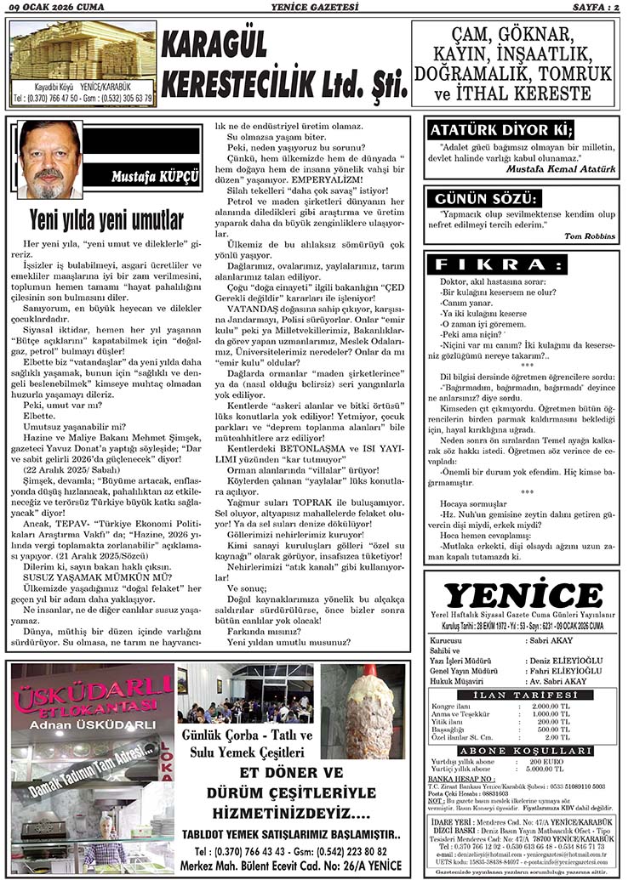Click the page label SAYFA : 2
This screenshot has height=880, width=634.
pyautogui.click(x=597, y=8)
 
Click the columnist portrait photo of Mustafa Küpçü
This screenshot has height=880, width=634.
pyautogui.click(x=50, y=160)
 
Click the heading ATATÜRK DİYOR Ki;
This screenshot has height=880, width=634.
pyautogui.click(x=500, y=131)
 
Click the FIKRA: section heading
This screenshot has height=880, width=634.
pyautogui.click(x=498, y=264)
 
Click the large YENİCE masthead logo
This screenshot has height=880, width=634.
pyautogui.click(x=523, y=595)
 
